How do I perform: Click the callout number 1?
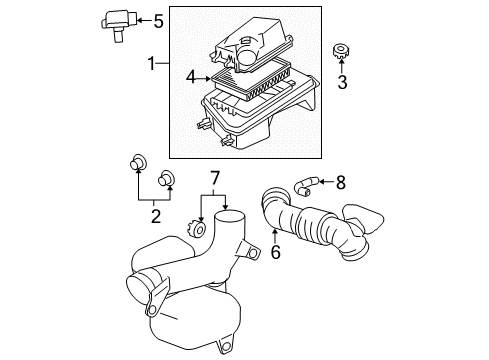151,65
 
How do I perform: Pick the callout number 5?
157,19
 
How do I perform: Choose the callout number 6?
275,253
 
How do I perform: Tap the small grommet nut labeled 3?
340,50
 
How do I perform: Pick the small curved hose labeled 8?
304,183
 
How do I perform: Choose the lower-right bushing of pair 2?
167,180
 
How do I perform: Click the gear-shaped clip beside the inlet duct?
200,231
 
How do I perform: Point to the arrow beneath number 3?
342,68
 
